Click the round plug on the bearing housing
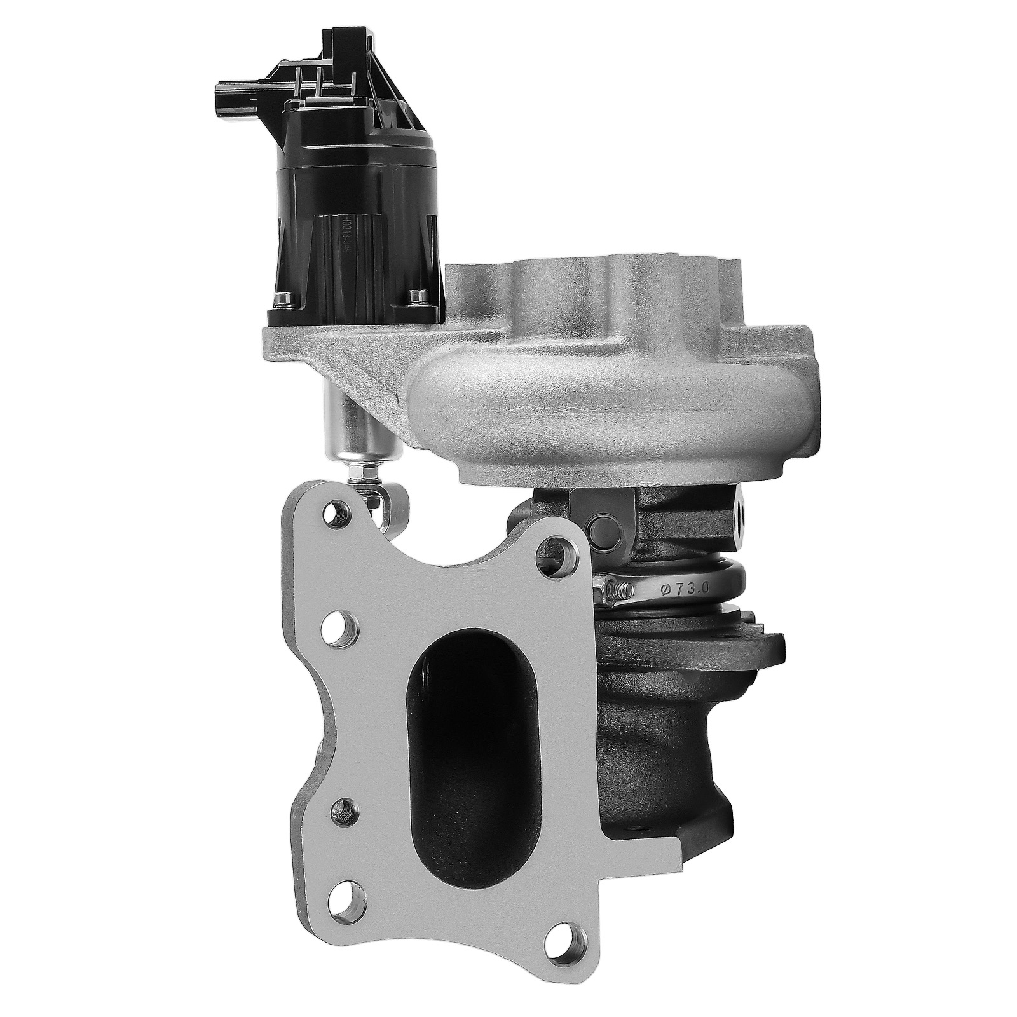click(x=602, y=527)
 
